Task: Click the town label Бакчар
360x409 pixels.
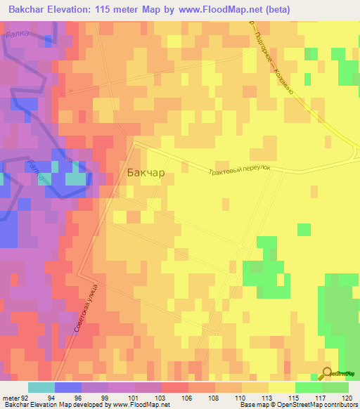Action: click(146, 171)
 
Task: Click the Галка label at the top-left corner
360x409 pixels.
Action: click(17, 33)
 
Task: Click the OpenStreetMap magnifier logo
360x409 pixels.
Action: click(327, 374)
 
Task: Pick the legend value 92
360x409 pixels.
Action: click(25, 397)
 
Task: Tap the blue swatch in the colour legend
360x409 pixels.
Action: click(68, 387)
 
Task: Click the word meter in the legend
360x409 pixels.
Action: click(11, 397)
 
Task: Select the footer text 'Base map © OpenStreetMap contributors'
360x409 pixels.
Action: click(298, 405)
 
